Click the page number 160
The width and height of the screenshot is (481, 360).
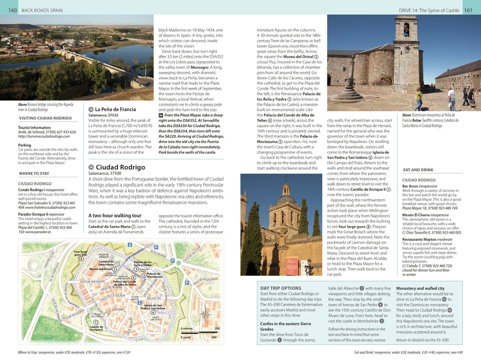(13, 10)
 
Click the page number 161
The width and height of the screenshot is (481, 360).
(468, 10)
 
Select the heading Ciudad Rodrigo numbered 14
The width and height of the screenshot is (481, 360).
(120, 167)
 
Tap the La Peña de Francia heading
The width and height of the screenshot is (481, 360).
(115, 110)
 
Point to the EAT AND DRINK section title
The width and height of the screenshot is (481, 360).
(418, 170)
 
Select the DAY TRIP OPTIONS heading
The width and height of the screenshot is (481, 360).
(280, 288)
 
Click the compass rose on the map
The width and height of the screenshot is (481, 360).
(205, 313)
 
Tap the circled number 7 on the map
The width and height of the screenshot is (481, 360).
(96, 322)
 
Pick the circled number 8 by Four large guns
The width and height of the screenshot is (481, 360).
(81, 258)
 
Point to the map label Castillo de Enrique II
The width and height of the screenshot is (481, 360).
(96, 328)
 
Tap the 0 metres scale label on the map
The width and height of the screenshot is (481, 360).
(186, 329)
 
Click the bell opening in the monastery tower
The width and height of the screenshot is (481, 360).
(406, 30)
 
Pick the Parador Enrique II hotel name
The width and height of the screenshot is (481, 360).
(33, 213)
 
